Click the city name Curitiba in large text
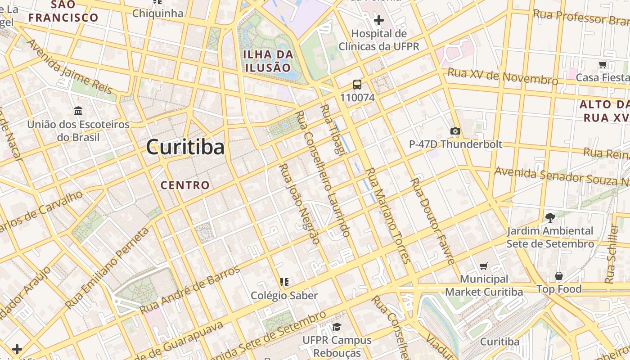(x=185, y=147)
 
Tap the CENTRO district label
(x=185, y=185)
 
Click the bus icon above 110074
(x=357, y=84)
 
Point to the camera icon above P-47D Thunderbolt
(x=455, y=131)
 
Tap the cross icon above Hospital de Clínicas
(x=378, y=20)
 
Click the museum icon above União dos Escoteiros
(x=78, y=111)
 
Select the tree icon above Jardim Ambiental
(x=550, y=218)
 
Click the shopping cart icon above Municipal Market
(x=484, y=266)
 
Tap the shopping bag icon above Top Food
(x=559, y=275)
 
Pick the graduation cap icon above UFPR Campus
(x=337, y=327)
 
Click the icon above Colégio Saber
(x=284, y=282)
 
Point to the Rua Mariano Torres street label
(x=387, y=215)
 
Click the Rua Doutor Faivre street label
(x=432, y=221)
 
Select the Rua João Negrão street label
(x=299, y=204)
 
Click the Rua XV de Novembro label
(x=502, y=76)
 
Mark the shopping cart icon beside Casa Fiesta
(x=603, y=64)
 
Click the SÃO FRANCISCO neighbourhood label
(x=63, y=11)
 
